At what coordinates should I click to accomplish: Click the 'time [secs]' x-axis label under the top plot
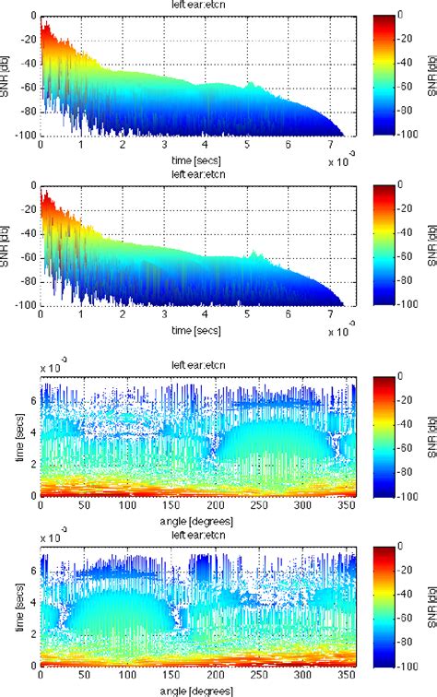pos(192,159)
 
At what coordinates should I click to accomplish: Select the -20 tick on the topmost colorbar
pos(408,41)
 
